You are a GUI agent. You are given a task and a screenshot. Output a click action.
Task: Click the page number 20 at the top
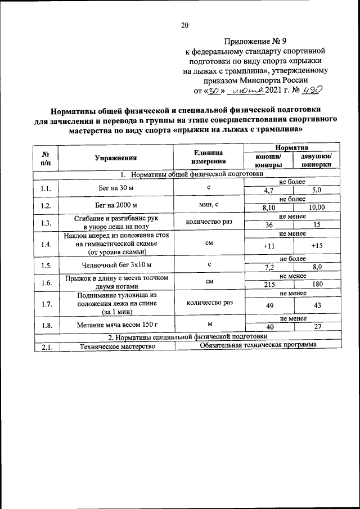click(184, 24)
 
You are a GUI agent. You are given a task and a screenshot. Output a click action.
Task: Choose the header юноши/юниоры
click(268, 161)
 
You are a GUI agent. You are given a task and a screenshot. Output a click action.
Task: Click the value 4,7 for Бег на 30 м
click(268, 191)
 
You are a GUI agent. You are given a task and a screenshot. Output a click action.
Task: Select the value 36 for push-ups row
click(268, 225)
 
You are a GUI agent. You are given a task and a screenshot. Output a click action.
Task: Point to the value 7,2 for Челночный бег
click(268, 267)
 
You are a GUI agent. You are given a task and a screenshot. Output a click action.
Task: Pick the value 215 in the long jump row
click(268, 285)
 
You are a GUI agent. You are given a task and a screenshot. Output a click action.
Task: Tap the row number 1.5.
click(46, 263)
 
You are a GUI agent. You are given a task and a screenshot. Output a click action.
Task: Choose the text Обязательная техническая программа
click(258, 345)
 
